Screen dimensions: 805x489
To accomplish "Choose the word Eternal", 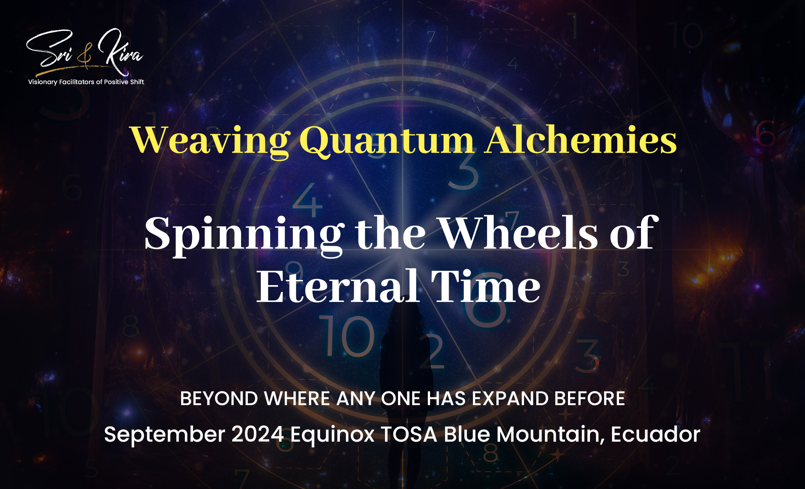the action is pos(337,286).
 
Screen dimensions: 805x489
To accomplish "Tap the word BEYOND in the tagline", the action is pos(219,398).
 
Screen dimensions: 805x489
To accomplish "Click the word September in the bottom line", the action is pos(164,435).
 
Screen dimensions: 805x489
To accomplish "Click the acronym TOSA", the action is pos(409,435).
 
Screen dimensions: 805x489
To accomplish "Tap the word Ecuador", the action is pos(656,435).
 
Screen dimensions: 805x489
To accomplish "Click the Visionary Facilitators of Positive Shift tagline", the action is pos(86,82).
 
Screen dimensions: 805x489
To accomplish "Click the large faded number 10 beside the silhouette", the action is pos(347,336).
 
